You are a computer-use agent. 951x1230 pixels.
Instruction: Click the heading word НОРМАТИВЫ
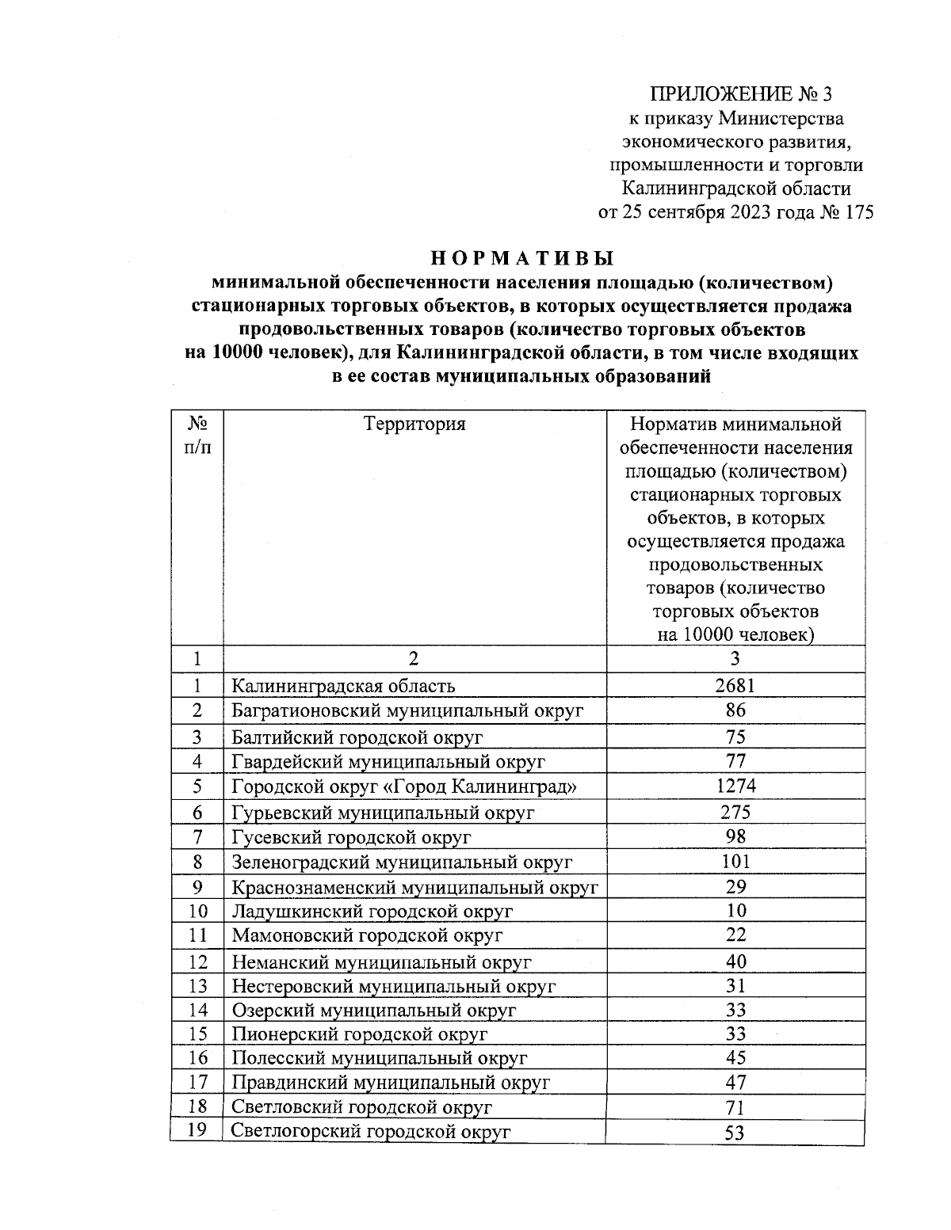(x=522, y=259)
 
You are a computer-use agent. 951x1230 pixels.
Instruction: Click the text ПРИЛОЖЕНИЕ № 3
(x=741, y=96)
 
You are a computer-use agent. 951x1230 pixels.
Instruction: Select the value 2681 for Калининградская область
(x=735, y=685)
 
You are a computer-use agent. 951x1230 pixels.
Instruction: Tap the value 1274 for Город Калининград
(x=735, y=786)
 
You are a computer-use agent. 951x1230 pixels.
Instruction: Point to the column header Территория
(x=414, y=424)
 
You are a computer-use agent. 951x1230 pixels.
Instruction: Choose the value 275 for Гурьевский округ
(x=735, y=812)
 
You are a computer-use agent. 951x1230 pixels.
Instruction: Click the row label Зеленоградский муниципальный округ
(x=401, y=862)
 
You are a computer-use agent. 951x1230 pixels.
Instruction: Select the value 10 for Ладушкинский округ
(x=735, y=911)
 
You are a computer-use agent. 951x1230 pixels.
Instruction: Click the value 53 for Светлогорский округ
(x=735, y=1133)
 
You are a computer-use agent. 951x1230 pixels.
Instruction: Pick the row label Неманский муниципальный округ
(x=381, y=962)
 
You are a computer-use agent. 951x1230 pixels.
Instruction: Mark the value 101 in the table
(x=735, y=861)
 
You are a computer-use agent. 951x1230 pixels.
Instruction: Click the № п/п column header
(x=197, y=436)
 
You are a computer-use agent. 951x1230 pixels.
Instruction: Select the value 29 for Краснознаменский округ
(x=735, y=886)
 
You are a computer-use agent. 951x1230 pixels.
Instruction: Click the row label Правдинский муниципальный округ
(x=391, y=1082)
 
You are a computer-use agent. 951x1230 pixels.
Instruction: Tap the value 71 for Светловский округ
(x=735, y=1107)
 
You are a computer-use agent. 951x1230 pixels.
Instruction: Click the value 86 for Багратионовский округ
(x=735, y=710)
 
